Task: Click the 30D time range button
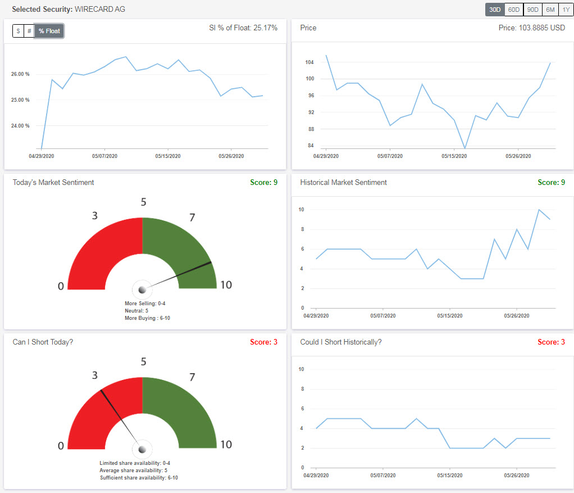(495, 10)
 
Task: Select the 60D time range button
(513, 10)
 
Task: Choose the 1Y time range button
(566, 10)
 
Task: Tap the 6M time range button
(550, 10)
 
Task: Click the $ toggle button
(18, 31)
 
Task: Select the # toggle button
(29, 31)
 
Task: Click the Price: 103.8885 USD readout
(531, 28)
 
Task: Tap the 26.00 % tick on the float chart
(20, 74)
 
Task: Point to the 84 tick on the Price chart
(311, 146)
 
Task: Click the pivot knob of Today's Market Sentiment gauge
(142, 290)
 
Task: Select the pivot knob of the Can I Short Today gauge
(142, 449)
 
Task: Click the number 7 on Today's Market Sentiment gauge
(192, 217)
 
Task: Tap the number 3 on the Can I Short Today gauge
(95, 376)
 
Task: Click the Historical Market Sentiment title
(343, 182)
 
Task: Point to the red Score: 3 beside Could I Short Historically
(551, 342)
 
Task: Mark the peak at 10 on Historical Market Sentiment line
(539, 210)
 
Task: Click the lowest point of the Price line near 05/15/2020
(464, 148)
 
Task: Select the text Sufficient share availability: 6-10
(139, 478)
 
